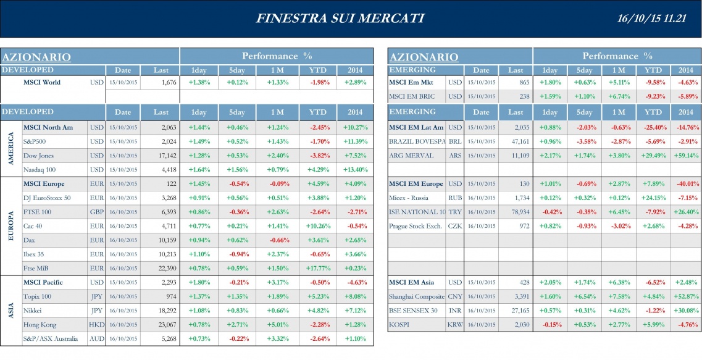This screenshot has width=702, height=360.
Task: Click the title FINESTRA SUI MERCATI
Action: point(340,18)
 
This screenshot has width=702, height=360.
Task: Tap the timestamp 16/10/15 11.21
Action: point(652,19)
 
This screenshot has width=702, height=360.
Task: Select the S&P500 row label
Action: point(38,141)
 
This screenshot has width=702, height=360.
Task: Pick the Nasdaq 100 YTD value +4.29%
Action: point(318,170)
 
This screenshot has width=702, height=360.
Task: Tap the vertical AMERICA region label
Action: point(10,148)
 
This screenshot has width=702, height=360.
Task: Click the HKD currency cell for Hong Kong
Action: point(96,325)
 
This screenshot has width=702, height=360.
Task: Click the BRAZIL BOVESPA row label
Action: point(417,141)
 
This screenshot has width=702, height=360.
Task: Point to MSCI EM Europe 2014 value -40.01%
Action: point(685,184)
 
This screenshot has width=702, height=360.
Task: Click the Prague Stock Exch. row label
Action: point(416,226)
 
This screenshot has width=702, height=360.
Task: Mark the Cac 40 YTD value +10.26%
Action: point(318,226)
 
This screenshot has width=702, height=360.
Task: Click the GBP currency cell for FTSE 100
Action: point(96,212)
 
